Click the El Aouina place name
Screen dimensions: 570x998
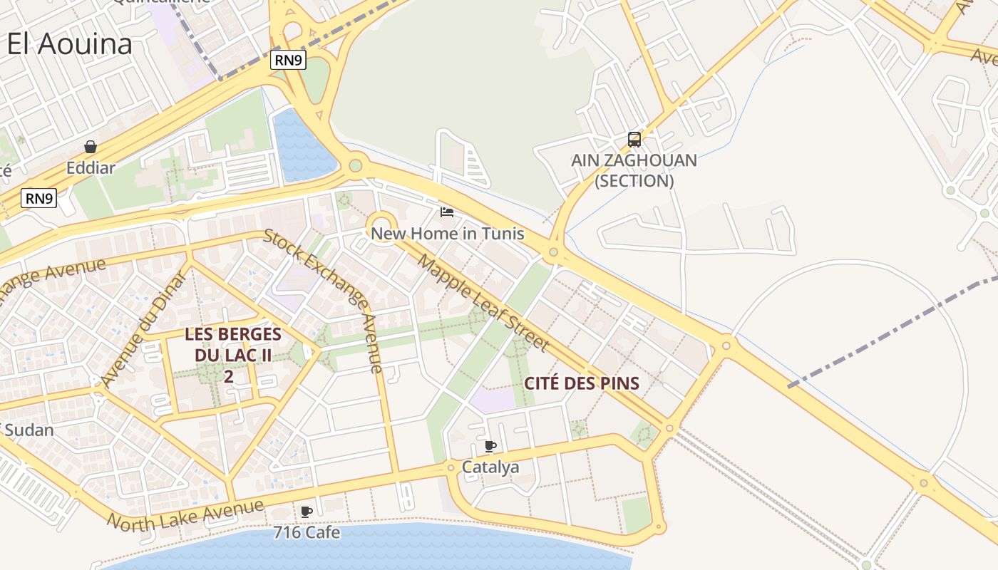coord(70,44)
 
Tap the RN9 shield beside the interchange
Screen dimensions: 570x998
coord(289,61)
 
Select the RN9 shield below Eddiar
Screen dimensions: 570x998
coord(38,198)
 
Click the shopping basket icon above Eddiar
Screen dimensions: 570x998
coord(91,147)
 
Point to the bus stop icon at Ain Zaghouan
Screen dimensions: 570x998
coord(634,140)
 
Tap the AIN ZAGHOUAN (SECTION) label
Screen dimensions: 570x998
coord(634,170)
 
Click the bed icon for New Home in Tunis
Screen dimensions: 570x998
coord(447,212)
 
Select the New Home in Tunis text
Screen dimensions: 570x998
coord(447,234)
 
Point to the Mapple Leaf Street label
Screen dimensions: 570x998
coord(483,302)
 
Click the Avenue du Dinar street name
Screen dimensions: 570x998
coord(143,329)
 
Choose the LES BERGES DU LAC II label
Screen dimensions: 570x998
coord(232,354)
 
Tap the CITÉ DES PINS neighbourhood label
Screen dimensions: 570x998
coord(581,383)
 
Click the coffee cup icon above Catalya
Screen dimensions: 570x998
coord(490,446)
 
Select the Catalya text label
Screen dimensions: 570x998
coord(490,467)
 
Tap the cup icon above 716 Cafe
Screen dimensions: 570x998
coord(307,512)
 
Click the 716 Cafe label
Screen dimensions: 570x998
coord(307,533)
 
